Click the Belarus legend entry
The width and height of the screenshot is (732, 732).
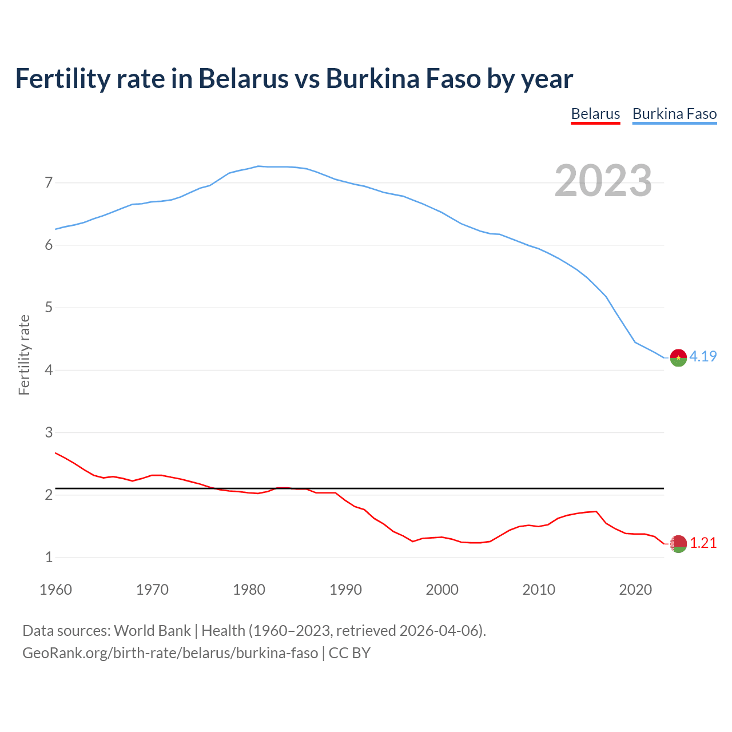click(x=595, y=114)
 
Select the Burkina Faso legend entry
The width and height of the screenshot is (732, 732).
click(x=674, y=114)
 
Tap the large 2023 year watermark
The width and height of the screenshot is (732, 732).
click(x=603, y=181)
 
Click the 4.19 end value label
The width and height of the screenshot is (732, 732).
click(x=703, y=356)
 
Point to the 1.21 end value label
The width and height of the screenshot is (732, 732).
click(x=703, y=543)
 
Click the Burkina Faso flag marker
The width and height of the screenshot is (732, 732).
click(x=678, y=357)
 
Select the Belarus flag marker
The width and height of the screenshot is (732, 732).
click(x=678, y=544)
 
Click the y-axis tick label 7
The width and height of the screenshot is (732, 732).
click(x=49, y=183)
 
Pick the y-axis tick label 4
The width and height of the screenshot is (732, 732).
click(x=49, y=370)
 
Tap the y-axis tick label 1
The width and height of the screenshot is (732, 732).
click(x=49, y=557)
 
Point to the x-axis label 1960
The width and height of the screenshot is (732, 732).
click(x=55, y=590)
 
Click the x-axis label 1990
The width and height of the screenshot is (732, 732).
click(x=345, y=590)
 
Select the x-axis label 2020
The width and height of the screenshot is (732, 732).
click(x=635, y=590)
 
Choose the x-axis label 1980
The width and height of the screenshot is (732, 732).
click(x=249, y=590)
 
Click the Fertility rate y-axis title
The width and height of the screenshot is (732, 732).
click(x=24, y=355)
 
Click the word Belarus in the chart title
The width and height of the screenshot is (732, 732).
click(x=243, y=78)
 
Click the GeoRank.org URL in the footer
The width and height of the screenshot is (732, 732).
click(x=170, y=653)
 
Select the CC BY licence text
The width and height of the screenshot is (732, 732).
click(x=349, y=653)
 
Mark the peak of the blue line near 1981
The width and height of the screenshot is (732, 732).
click(x=258, y=166)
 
